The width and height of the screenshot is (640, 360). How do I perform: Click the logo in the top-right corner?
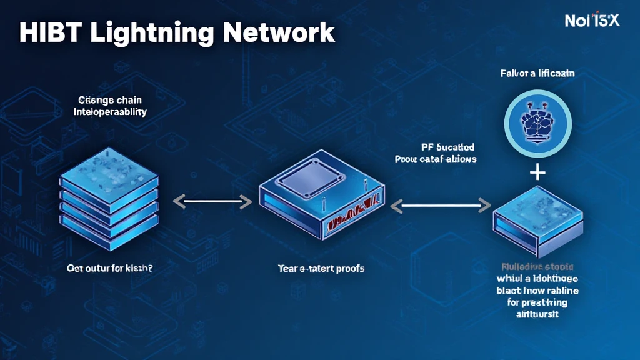(591, 20)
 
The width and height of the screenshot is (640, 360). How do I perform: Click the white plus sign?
(537, 172)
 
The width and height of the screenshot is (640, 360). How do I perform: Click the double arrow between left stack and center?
(212, 202)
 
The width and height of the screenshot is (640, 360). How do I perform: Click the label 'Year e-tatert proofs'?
(321, 269)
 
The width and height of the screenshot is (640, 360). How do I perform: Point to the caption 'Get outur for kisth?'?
(110, 269)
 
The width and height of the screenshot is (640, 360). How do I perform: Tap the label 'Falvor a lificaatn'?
(537, 73)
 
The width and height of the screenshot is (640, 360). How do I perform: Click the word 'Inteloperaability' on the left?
(110, 112)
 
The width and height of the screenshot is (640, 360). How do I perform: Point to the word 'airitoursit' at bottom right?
(537, 314)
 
